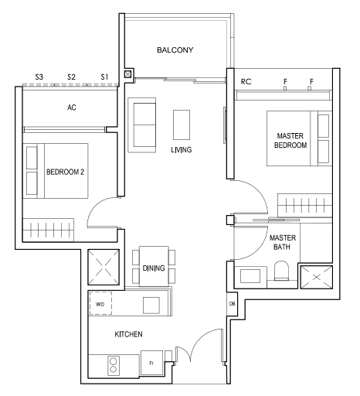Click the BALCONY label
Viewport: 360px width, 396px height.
tap(175, 49)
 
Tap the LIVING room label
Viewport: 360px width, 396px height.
tap(182, 149)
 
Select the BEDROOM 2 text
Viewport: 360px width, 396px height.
tap(65, 172)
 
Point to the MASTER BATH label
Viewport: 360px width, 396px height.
tap(283, 242)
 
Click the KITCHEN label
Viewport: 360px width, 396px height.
tap(128, 334)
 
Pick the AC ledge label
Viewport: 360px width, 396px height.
tap(72, 108)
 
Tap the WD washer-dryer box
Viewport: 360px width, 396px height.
tap(100, 303)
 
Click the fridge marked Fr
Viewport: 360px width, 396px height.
tap(151, 363)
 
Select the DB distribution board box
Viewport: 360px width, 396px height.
tap(232, 304)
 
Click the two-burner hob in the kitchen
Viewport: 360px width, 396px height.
tap(114, 365)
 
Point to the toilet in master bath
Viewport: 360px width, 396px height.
tap(281, 271)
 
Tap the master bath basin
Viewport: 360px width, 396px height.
tap(250, 276)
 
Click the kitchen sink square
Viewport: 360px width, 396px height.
tap(151, 306)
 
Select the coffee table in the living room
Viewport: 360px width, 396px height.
tap(182, 125)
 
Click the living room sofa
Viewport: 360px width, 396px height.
tap(142, 125)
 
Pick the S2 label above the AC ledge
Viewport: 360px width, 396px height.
tap(71, 77)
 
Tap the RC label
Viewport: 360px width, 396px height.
tap(246, 82)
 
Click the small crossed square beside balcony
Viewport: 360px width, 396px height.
tap(128, 74)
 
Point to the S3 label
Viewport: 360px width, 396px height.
tap(39, 77)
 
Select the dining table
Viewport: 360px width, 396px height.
tap(154, 266)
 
